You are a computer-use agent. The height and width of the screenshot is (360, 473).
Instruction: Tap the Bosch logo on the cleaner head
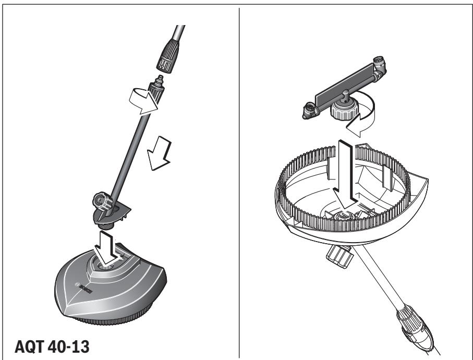tap(86, 290)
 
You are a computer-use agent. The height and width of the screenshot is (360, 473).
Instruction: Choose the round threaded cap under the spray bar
tap(342, 110)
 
